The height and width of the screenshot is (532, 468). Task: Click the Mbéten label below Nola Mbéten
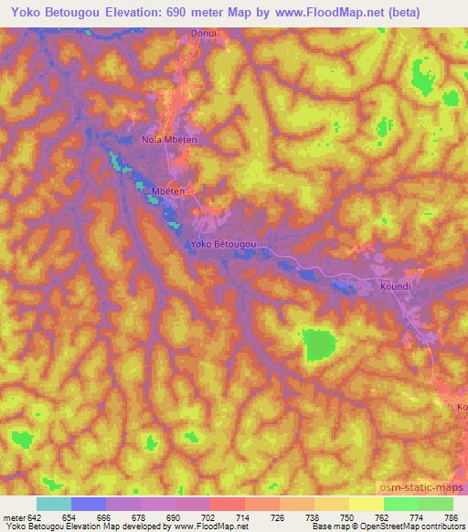click(x=169, y=191)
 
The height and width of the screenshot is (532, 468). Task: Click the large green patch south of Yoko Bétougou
click(x=319, y=346)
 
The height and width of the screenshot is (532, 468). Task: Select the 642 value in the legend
click(x=33, y=516)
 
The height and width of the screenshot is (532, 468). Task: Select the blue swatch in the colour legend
click(x=89, y=504)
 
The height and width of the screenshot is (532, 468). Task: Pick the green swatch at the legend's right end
click(x=435, y=504)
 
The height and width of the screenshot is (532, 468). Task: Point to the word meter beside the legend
click(x=13, y=516)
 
